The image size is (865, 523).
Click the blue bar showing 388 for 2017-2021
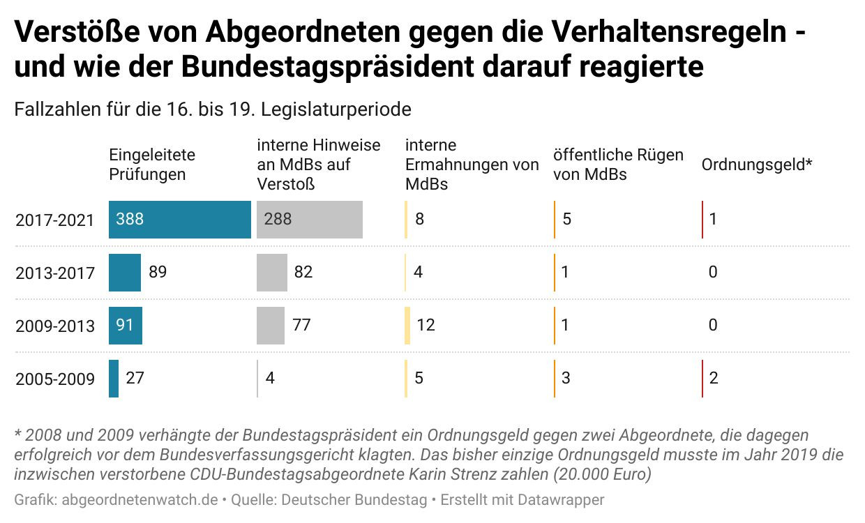click(x=179, y=220)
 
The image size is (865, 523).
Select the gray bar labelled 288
click(x=310, y=220)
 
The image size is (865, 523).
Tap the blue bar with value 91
click(x=126, y=326)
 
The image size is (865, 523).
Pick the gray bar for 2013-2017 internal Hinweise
click(x=272, y=273)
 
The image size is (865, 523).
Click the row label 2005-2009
click(x=55, y=379)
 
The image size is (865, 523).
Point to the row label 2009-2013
click(x=55, y=326)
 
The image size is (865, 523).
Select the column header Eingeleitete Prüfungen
click(x=152, y=165)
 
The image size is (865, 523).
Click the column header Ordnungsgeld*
click(x=757, y=165)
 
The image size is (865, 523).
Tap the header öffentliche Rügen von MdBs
click(x=618, y=165)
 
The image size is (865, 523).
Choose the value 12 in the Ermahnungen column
click(x=425, y=326)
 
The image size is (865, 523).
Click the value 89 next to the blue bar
click(x=158, y=272)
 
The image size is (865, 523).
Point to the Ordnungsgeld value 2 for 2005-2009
click(x=713, y=379)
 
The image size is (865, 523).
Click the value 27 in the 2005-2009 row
click(x=135, y=379)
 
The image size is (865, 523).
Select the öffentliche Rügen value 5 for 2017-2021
click(x=566, y=220)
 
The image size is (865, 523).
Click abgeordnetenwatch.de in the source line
click(x=140, y=500)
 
